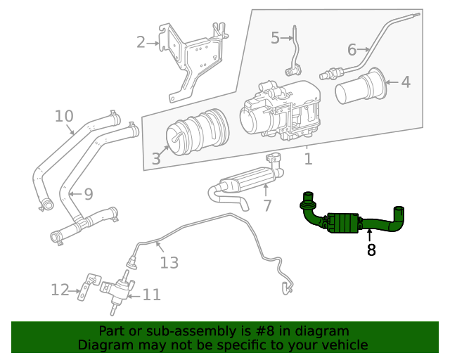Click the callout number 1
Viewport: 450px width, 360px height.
[308, 159]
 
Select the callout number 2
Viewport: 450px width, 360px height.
[141, 42]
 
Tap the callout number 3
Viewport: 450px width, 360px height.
[155, 159]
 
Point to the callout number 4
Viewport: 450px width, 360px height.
[406, 82]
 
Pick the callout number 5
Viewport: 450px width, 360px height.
[275, 38]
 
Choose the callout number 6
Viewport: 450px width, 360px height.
[352, 49]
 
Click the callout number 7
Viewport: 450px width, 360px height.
[266, 205]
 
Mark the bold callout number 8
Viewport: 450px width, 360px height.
[371, 249]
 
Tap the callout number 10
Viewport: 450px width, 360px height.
[63, 115]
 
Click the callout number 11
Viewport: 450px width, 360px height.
[151, 295]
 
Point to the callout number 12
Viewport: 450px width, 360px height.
[60, 289]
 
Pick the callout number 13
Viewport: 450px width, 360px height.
[169, 262]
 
